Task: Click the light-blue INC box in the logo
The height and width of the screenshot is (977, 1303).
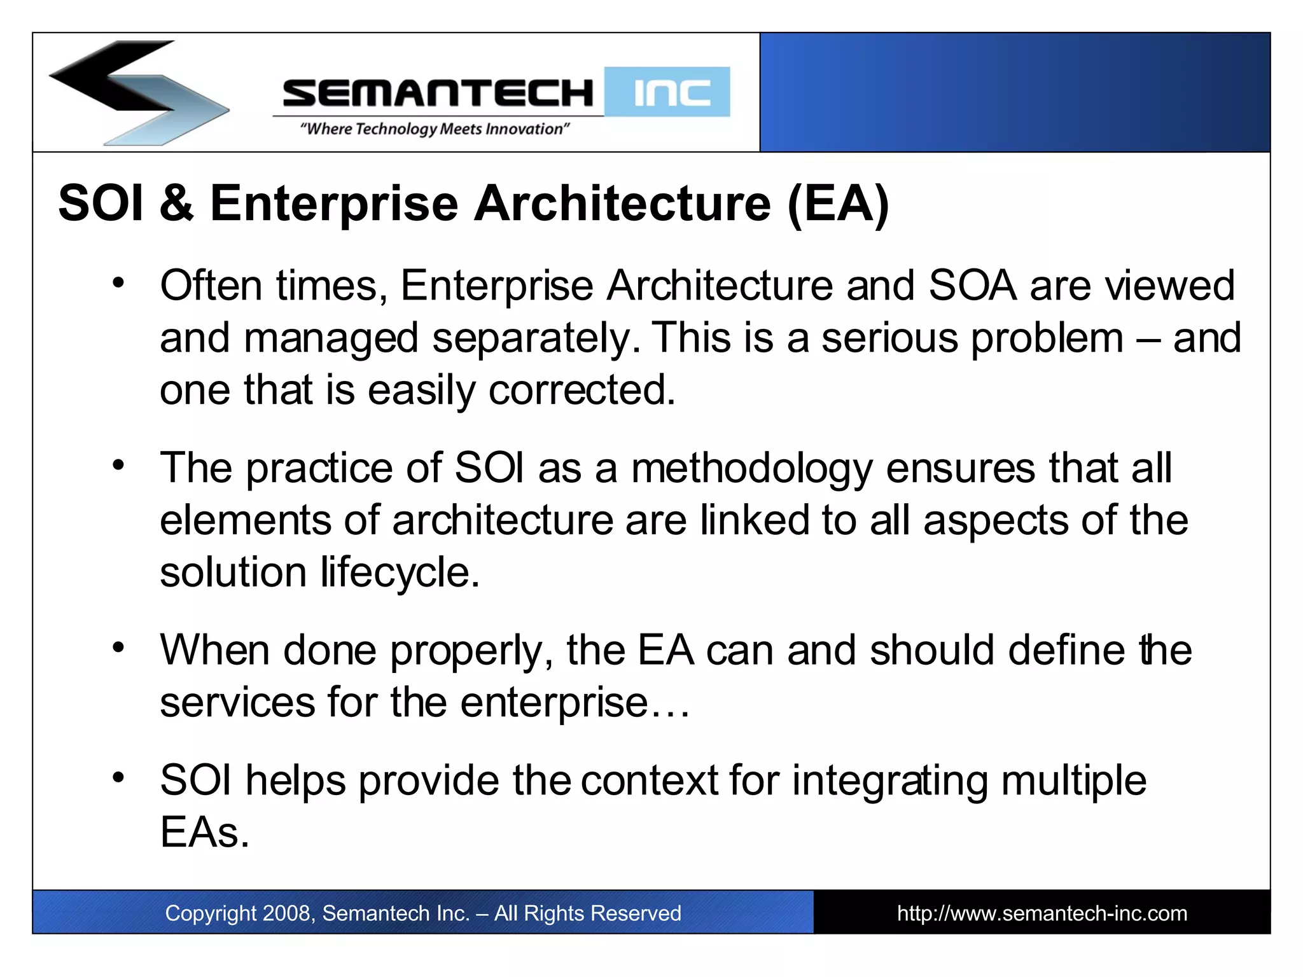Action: pyautogui.click(x=667, y=92)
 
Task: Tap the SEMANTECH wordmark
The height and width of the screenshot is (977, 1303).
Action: pyautogui.click(x=438, y=93)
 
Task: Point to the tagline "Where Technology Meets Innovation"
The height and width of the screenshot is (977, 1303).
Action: pyautogui.click(x=435, y=129)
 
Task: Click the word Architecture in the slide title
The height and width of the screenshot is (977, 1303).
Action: pyautogui.click(x=622, y=204)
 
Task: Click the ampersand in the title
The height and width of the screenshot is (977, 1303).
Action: pyautogui.click(x=176, y=204)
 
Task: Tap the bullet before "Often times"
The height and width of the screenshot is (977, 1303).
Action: pyautogui.click(x=118, y=283)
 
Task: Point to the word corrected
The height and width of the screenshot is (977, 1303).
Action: pyautogui.click(x=582, y=390)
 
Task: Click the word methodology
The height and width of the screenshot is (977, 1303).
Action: pyautogui.click(x=751, y=469)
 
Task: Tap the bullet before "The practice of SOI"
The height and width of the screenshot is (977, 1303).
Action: pyautogui.click(x=118, y=466)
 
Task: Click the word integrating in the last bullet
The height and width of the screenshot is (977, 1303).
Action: pyautogui.click(x=890, y=781)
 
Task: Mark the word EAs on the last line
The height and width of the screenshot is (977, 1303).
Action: pyautogui.click(x=204, y=833)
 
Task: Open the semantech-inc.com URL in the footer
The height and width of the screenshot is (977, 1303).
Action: pyautogui.click(x=1042, y=913)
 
